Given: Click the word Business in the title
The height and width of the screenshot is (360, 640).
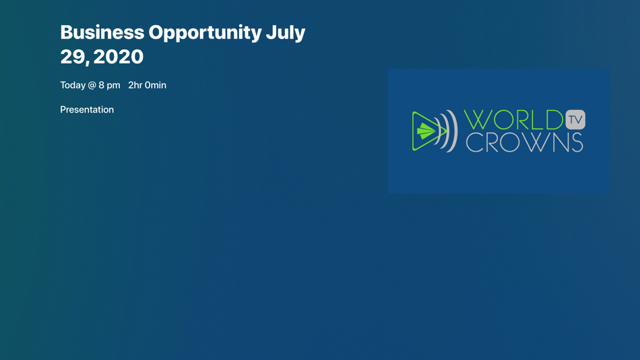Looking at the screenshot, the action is pos(102,32).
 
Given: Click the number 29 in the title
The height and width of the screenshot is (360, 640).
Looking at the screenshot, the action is pos(74,57).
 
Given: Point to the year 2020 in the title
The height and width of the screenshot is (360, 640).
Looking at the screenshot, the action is pos(119,57).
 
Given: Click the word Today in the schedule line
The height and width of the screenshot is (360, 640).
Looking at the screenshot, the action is pos(73,85).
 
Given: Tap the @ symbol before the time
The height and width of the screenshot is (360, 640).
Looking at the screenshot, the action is pos(92,86).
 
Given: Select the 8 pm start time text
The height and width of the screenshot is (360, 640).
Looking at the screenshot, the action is pos(109,86).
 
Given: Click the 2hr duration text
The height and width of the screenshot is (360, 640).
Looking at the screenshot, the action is pos(135,85).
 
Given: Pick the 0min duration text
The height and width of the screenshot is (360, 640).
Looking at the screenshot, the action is pos(156,85).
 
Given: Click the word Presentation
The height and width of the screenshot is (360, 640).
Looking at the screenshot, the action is pos(87,109).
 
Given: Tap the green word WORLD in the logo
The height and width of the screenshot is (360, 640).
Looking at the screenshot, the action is pos(513,120).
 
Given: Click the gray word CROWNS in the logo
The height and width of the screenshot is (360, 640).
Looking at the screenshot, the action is pos(525,142).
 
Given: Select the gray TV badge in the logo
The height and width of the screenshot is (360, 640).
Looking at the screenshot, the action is pos(575,120).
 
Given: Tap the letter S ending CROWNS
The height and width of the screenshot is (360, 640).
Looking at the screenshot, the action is pos(576,142).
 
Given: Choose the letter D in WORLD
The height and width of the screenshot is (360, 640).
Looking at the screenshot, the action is pos(553,120).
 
